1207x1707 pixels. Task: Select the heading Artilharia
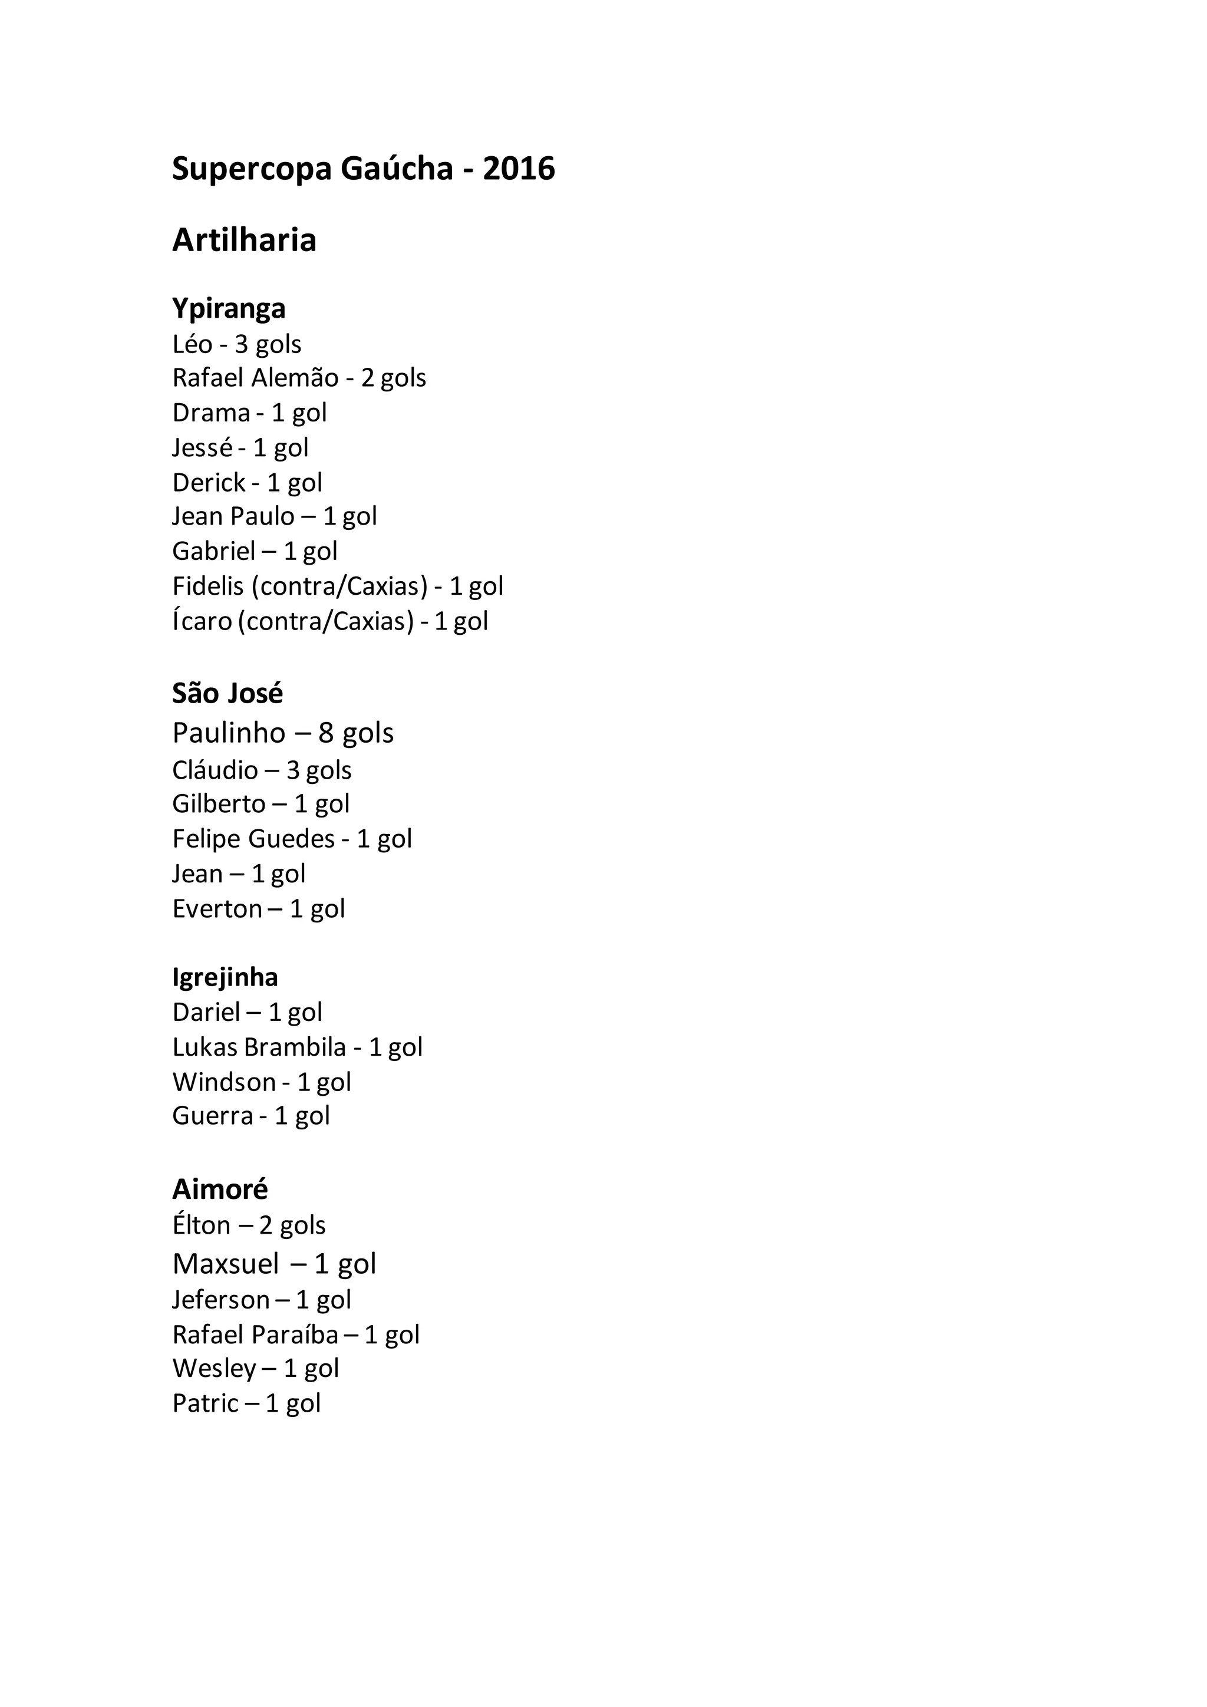[x=245, y=240]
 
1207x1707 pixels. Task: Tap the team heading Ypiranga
[x=229, y=308]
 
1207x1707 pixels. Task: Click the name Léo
[x=193, y=344]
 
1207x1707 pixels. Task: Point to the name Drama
[x=211, y=413]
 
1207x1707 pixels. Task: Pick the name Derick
[x=209, y=483]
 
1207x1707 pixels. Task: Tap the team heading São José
[x=227, y=694]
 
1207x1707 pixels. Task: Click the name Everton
[x=217, y=908]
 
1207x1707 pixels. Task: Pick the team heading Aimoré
[x=220, y=1189]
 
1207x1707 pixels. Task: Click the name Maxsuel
[x=226, y=1264]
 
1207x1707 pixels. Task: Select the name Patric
[x=205, y=1403]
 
